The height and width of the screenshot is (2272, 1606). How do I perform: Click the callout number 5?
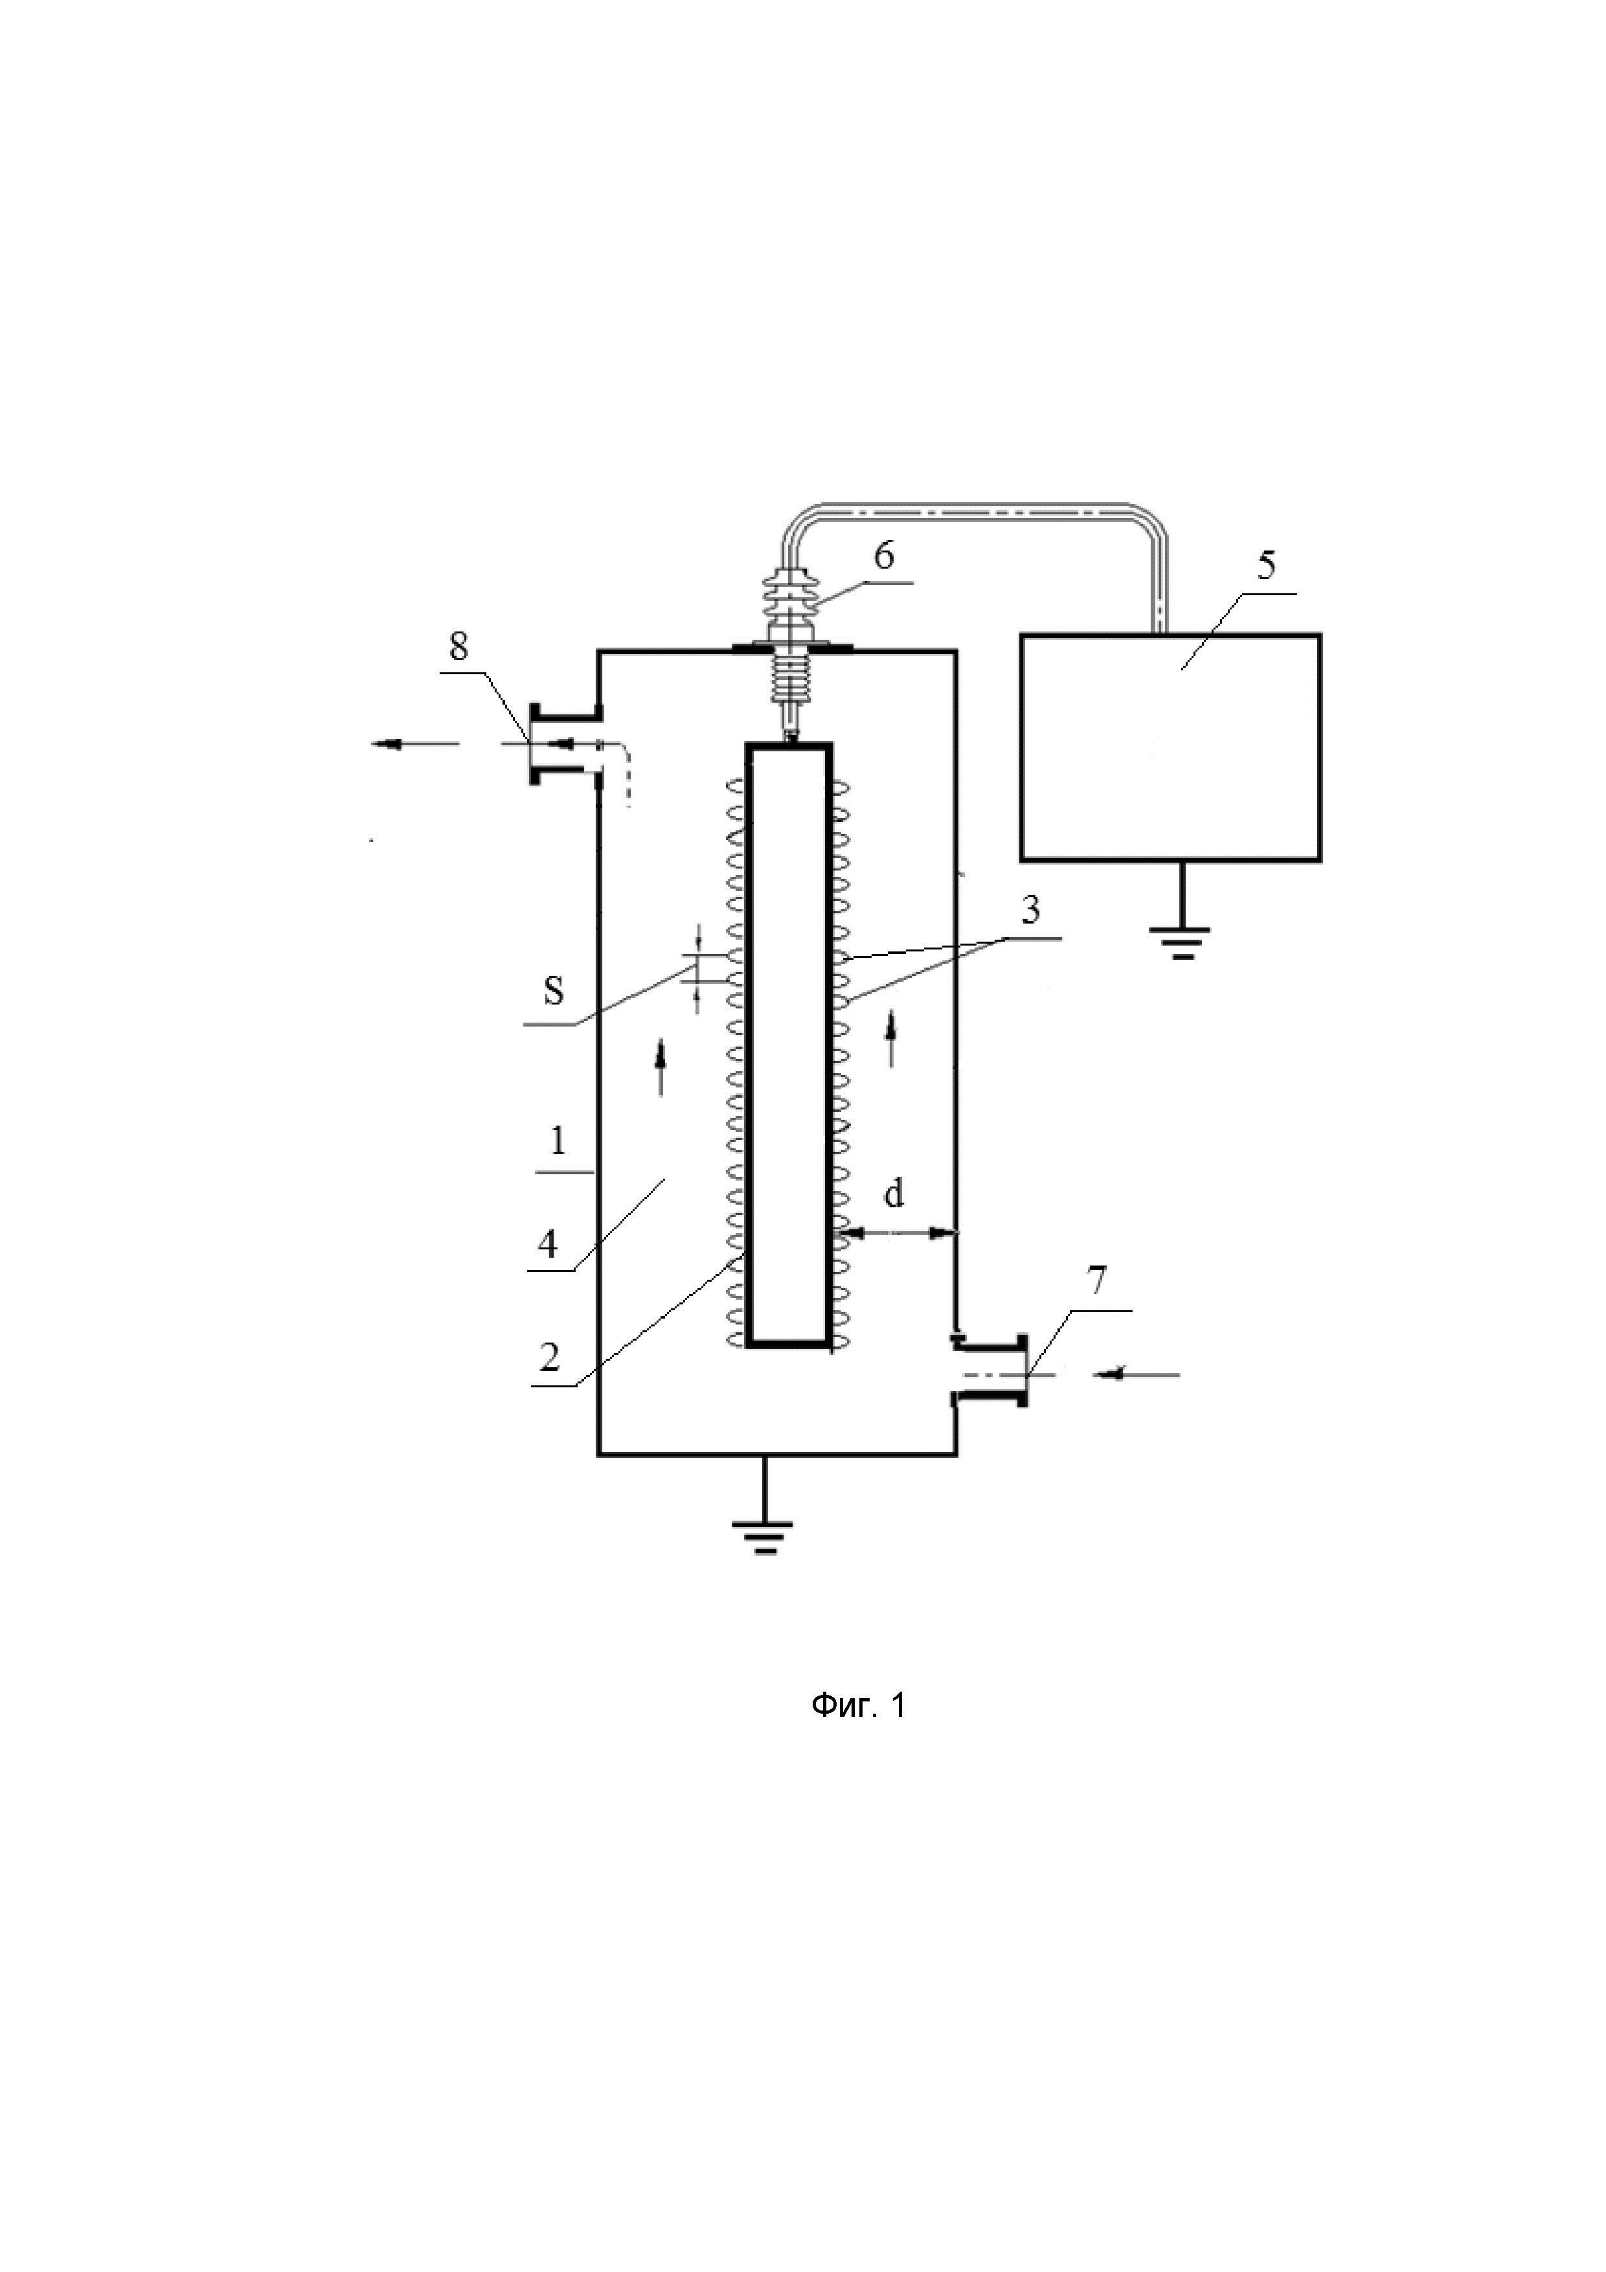point(1267,566)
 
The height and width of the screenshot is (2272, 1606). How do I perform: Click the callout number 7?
point(1096,1282)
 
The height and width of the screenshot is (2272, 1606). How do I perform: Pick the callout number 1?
point(558,1143)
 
